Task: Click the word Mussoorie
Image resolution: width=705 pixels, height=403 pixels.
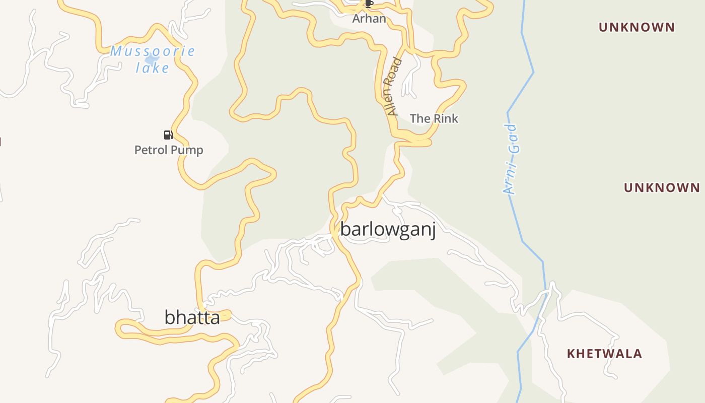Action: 153,51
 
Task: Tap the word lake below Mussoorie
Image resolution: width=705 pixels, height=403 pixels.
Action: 152,68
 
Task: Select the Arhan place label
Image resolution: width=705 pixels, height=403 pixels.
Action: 369,19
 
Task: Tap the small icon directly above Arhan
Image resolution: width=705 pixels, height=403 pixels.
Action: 369,4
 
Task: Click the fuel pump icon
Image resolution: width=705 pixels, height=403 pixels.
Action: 168,135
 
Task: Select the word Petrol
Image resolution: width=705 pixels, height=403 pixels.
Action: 150,150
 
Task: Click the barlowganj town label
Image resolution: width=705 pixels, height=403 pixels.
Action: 388,229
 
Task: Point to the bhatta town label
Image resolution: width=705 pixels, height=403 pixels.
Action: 192,317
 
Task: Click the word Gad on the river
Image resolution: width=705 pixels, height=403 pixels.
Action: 513,138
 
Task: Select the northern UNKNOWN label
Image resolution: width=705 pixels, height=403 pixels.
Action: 637,27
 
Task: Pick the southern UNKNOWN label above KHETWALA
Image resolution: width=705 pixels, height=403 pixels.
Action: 662,188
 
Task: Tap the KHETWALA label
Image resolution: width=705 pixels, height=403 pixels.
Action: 604,354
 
